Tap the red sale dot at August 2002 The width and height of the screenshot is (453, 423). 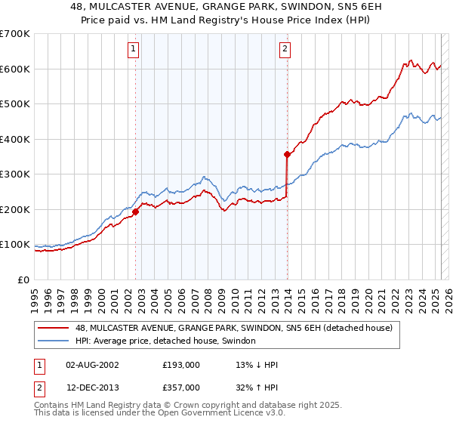point(136,212)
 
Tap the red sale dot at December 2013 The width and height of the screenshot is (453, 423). point(288,154)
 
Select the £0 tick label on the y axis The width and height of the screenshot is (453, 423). point(23,279)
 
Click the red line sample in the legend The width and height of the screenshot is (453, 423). point(54,328)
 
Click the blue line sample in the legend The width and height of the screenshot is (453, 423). point(54,341)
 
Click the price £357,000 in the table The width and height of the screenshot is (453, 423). point(181,386)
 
